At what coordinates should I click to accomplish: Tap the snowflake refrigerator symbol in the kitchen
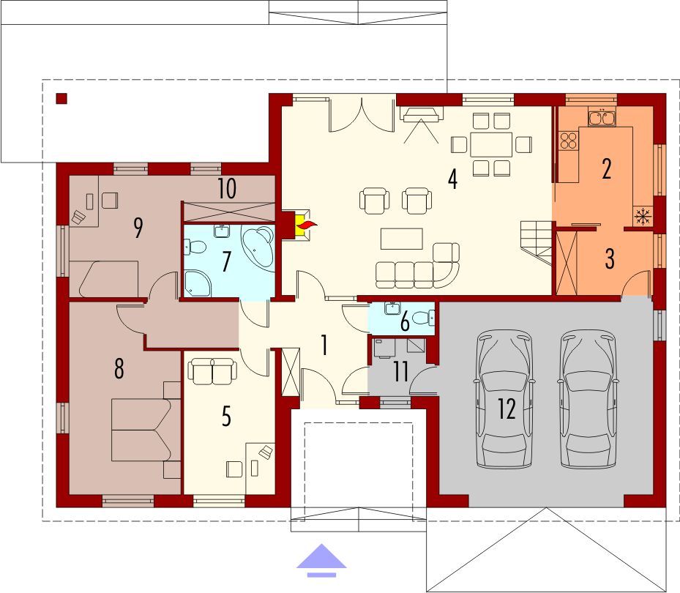pyautogui.click(x=643, y=215)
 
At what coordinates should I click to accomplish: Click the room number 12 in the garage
pyautogui.click(x=507, y=409)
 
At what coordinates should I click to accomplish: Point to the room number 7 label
pyautogui.click(x=225, y=261)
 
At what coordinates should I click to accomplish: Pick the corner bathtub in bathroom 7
pyautogui.click(x=258, y=247)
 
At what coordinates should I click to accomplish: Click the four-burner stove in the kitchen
pyautogui.click(x=569, y=140)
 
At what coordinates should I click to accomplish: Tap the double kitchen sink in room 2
pyautogui.click(x=602, y=118)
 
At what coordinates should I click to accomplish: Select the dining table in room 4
pyautogui.click(x=491, y=145)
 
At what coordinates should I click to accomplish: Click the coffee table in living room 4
pyautogui.click(x=402, y=239)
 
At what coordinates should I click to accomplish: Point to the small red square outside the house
pyautogui.click(x=61, y=99)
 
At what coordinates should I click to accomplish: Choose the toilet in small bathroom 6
pyautogui.click(x=422, y=318)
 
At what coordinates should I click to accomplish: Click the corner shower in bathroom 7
pyautogui.click(x=198, y=283)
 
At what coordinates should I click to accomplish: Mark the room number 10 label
pyautogui.click(x=227, y=188)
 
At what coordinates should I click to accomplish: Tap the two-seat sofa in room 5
pyautogui.click(x=212, y=371)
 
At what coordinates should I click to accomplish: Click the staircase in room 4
pyautogui.click(x=537, y=242)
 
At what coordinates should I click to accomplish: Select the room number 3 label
pyautogui.click(x=610, y=258)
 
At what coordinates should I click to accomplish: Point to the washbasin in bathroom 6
pyautogui.click(x=392, y=308)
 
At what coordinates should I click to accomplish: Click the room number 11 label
pyautogui.click(x=400, y=371)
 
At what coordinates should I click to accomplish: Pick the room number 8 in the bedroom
pyautogui.click(x=119, y=368)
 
